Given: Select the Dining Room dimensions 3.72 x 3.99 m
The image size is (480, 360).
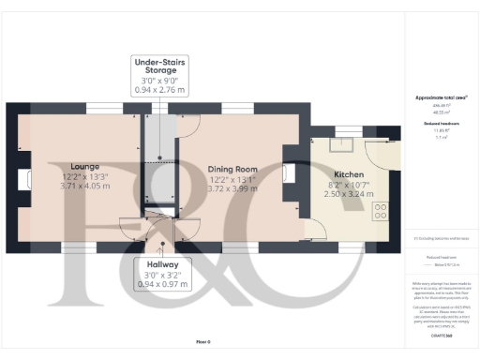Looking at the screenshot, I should [231, 189].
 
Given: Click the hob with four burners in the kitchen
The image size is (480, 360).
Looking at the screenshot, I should [381, 212].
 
